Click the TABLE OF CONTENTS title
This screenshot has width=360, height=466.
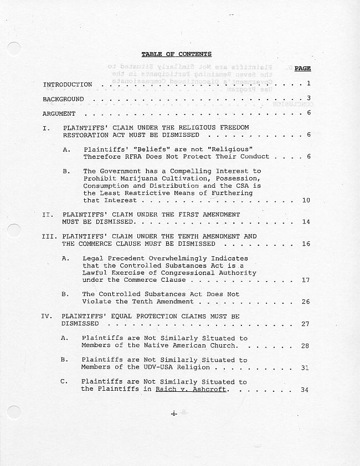click(176, 54)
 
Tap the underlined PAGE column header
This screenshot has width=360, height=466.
click(302, 69)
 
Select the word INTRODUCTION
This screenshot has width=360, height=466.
click(68, 85)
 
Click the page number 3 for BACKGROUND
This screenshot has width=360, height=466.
click(308, 99)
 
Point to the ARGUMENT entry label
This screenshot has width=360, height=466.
click(59, 113)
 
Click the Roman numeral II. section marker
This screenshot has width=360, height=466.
click(48, 214)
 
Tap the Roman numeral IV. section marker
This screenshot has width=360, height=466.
click(47, 316)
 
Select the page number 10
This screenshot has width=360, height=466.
click(306, 200)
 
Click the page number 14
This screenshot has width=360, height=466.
click(306, 222)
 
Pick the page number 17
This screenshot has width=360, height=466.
click(306, 280)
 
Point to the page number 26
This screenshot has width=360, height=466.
click(306, 302)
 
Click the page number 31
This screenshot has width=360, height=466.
click(305, 367)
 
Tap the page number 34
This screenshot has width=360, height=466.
click(305, 390)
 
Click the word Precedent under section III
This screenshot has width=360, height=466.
click(120, 258)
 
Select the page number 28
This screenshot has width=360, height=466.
click(305, 346)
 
